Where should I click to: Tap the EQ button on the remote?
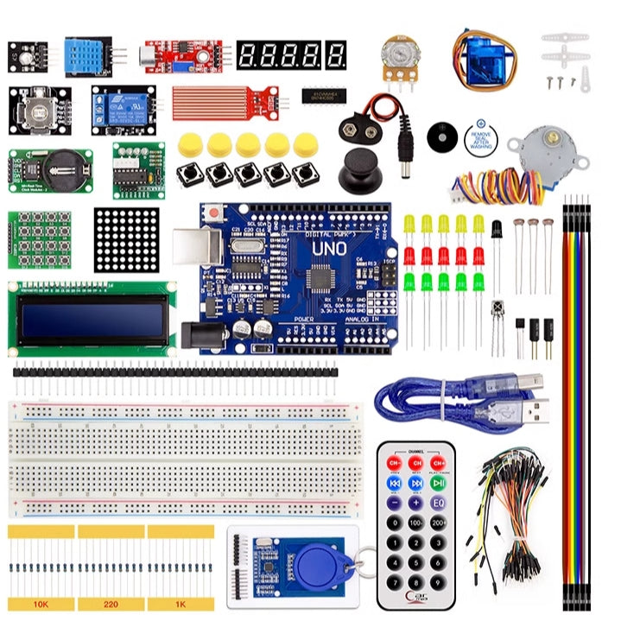tap(438, 502)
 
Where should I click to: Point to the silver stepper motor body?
tap(529, 151)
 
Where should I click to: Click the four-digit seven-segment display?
tap(291, 56)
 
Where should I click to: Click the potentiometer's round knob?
tap(397, 52)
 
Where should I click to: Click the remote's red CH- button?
tap(394, 464)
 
